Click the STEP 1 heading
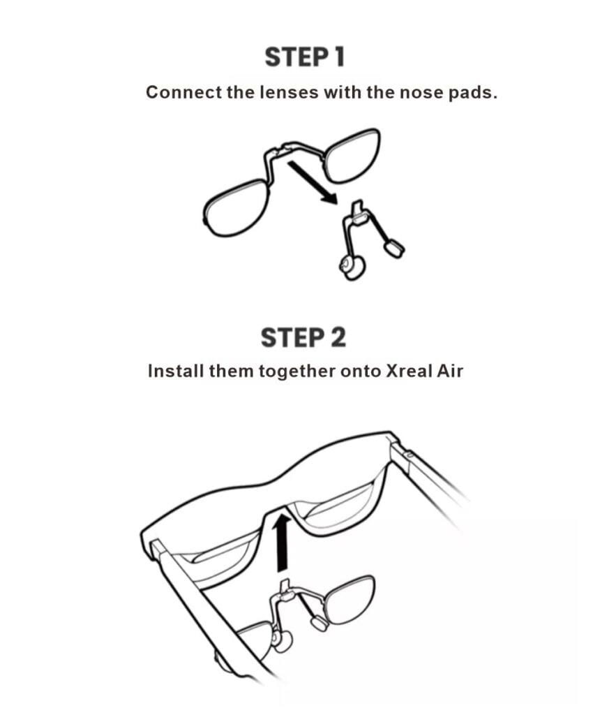[x=304, y=57]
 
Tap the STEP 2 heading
[x=303, y=337]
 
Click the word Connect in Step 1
[x=183, y=92]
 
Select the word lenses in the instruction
[x=289, y=92]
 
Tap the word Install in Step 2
[x=176, y=371]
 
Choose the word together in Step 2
[x=297, y=371]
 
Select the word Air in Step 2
[x=450, y=371]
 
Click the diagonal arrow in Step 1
[x=313, y=182]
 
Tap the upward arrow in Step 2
[x=283, y=543]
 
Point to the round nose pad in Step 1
[x=351, y=267]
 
